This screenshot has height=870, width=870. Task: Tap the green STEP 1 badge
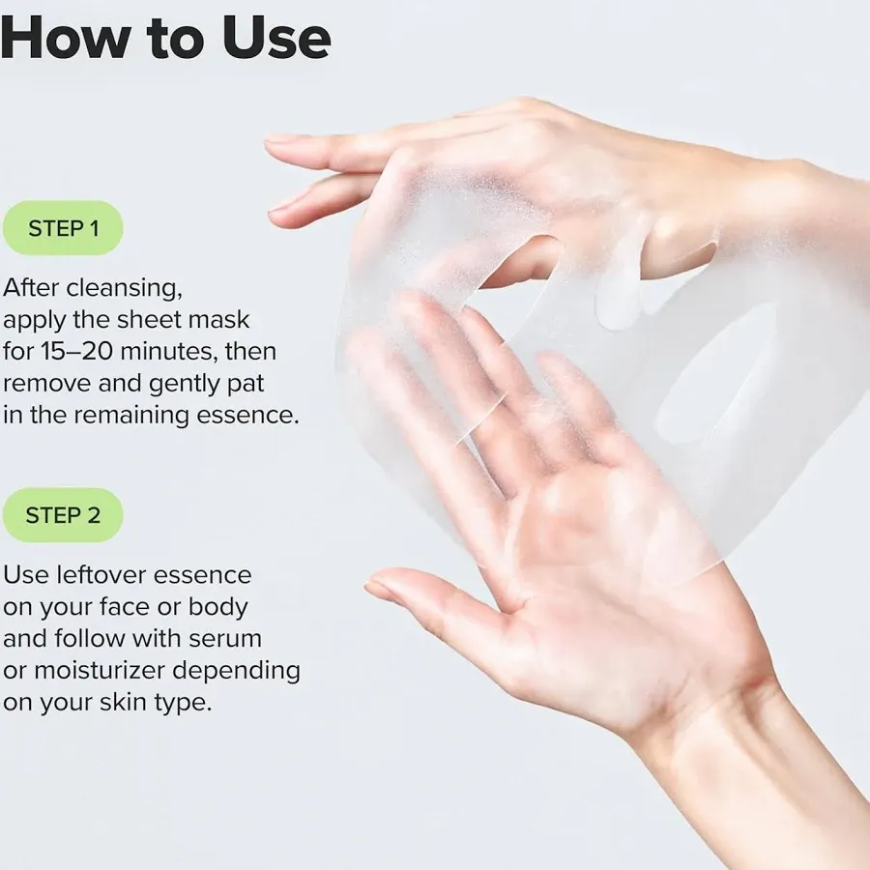[x=63, y=228]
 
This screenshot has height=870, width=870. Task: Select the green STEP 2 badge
[x=63, y=515]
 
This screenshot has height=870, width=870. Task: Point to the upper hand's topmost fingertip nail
[x=282, y=140]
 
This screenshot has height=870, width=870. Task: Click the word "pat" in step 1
[x=246, y=383]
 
